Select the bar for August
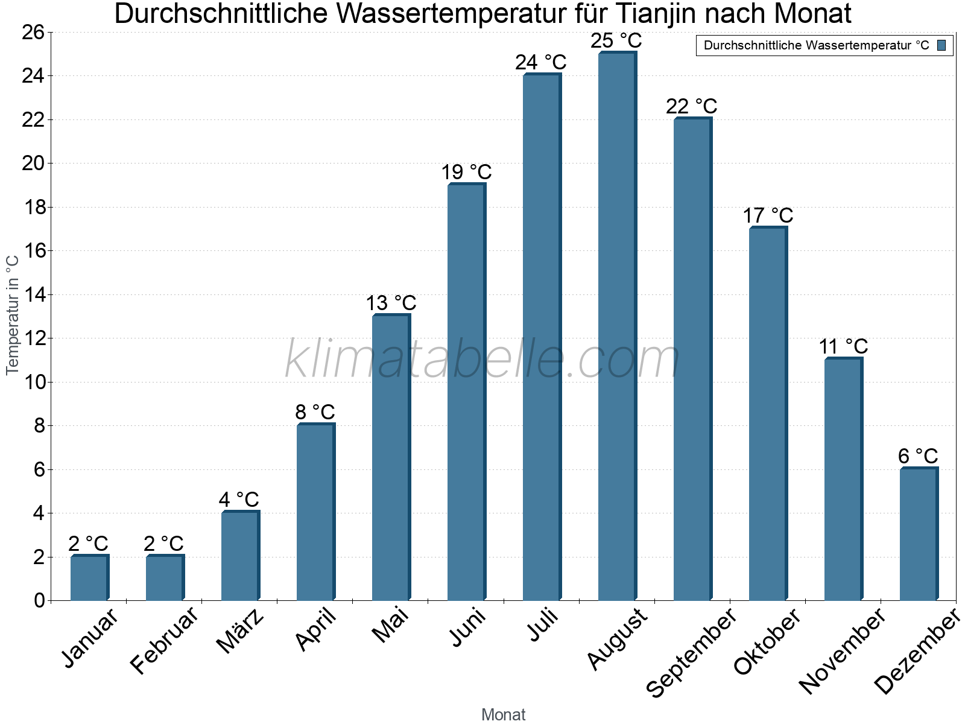(617, 326)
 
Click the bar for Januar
(89, 577)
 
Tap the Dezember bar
(919, 534)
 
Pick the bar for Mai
(391, 457)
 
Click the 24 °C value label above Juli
(541, 62)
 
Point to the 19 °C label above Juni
(466, 173)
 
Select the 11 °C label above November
(843, 347)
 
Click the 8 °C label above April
(315, 412)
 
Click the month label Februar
(164, 640)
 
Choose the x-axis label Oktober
(767, 641)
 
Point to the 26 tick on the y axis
(34, 32)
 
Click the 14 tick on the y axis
(34, 294)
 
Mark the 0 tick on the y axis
(40, 600)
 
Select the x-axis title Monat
(504, 715)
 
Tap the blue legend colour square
(941, 45)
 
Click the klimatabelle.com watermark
(482, 360)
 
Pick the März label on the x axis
(240, 631)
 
